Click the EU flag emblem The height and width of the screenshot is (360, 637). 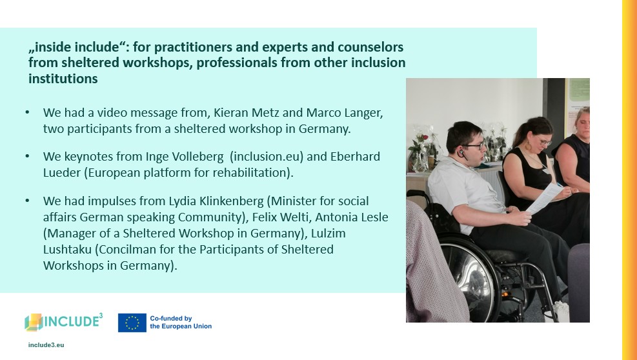132,323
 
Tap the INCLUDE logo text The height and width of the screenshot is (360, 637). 72,321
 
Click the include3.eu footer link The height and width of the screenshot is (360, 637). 46,345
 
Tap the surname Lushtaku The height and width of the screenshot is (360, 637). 67,249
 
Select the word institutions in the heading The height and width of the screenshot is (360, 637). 63,79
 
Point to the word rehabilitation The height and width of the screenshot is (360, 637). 249,173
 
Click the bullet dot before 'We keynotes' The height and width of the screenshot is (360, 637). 27,155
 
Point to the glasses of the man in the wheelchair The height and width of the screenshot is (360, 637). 474,145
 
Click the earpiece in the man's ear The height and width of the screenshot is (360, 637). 461,154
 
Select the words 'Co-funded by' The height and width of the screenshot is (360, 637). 170,319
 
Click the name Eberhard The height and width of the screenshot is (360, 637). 355,157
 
